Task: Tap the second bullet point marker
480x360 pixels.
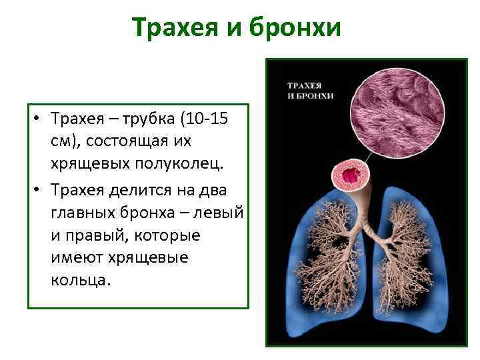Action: pyautogui.click(x=41, y=190)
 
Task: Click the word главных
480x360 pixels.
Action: pyautogui.click(x=80, y=213)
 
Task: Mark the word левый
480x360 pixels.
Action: pyautogui.click(x=222, y=213)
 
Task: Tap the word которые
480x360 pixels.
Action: pyautogui.click(x=171, y=236)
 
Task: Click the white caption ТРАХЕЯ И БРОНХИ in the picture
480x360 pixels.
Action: pyautogui.click(x=309, y=91)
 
